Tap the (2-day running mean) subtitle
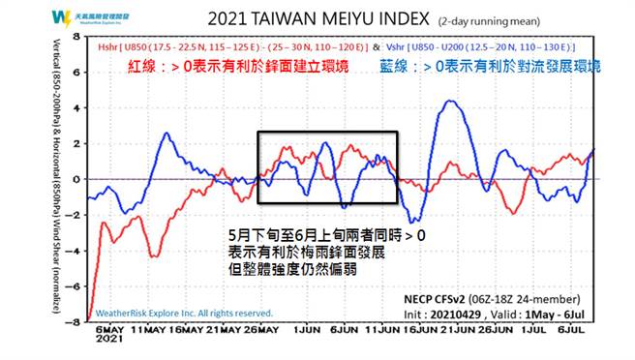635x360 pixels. pos(470,20)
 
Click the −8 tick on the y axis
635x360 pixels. pos(76,321)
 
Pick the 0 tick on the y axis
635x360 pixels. pos(78,179)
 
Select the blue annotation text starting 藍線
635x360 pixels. pos(504,67)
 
